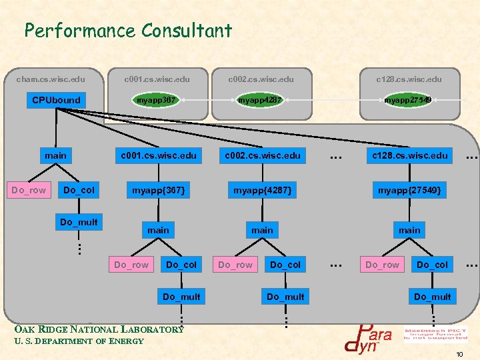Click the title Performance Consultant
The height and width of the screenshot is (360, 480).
128,31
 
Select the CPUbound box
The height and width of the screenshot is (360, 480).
57,100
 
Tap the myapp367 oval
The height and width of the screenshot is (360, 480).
156,100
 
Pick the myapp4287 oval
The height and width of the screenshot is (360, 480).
260,100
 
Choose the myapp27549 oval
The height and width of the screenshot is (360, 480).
407,100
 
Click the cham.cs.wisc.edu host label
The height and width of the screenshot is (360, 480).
51,79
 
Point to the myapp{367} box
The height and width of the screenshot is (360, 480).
158,191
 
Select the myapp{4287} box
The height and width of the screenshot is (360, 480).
261,191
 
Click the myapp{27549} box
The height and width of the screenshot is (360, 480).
409,191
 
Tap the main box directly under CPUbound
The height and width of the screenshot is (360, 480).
56,155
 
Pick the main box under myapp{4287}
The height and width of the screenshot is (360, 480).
262,230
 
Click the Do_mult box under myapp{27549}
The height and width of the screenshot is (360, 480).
432,296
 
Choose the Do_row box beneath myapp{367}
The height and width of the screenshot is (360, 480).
131,265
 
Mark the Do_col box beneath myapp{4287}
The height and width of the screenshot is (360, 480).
285,265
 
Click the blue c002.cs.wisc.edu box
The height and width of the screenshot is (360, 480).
262,155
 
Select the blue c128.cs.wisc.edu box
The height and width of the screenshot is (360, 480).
409,155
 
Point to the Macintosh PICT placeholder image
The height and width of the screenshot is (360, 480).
435,333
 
